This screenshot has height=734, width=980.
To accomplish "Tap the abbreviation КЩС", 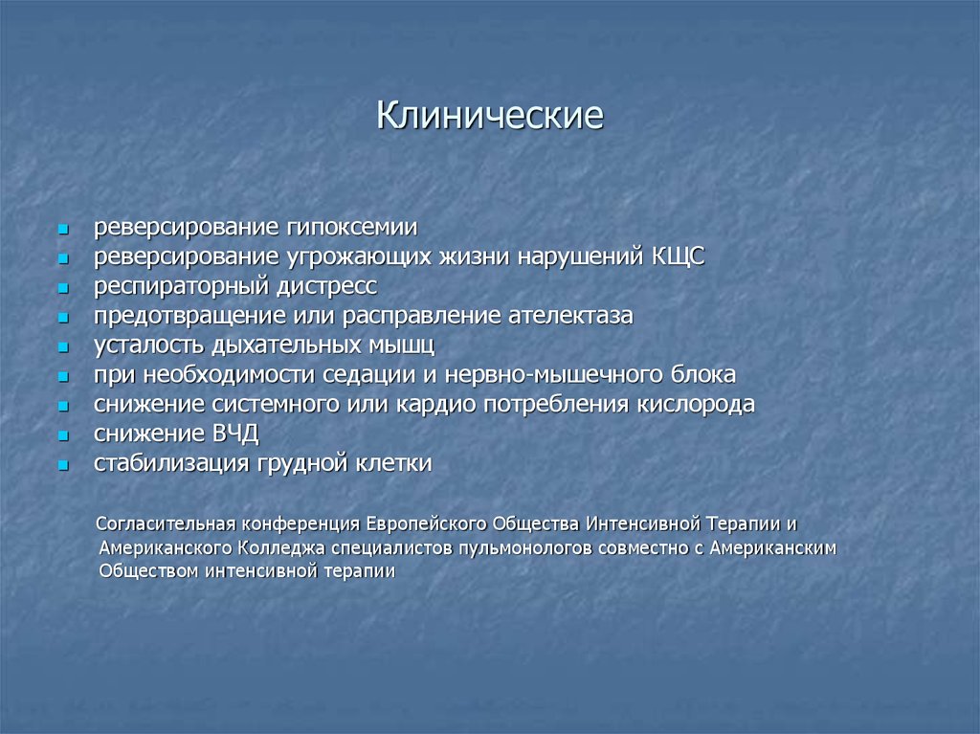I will [678, 257].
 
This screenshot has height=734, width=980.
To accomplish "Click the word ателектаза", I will [579, 316].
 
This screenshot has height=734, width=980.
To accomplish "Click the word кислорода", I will [695, 404].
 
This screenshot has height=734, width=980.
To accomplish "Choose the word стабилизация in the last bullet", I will [170, 463].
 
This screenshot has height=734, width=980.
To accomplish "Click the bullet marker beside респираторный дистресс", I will [62, 288].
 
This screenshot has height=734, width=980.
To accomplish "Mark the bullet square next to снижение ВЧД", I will [62, 435].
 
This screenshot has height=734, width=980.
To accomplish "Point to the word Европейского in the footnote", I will [424, 524].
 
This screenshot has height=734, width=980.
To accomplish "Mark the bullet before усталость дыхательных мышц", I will [62, 347].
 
